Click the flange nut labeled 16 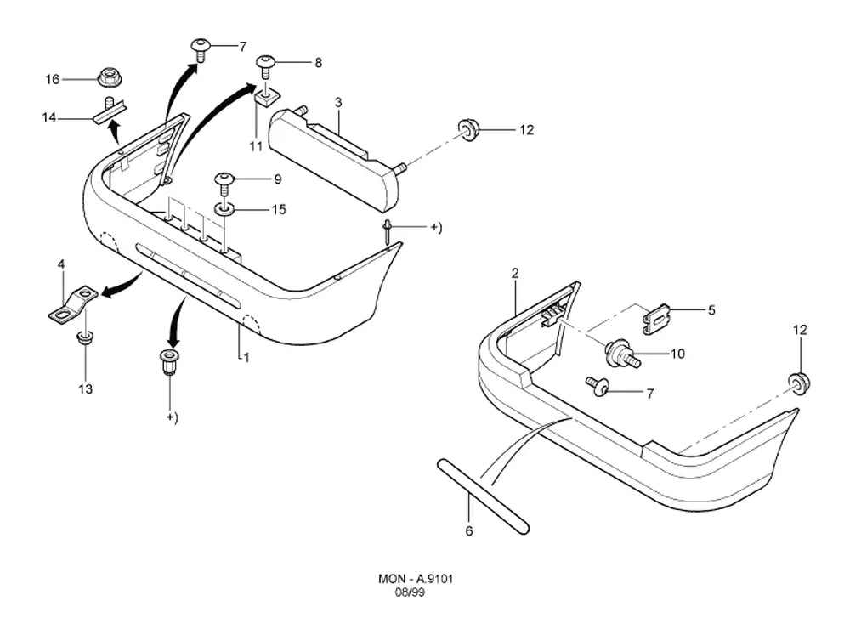point(110,77)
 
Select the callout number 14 point(49,117)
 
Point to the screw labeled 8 point(265,66)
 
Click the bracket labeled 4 point(73,305)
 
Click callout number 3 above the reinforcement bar point(338,102)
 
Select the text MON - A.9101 point(416,579)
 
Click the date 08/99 point(410,592)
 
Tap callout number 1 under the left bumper point(246,358)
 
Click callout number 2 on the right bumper point(514,274)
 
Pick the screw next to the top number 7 point(200,50)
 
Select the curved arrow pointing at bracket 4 point(122,286)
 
